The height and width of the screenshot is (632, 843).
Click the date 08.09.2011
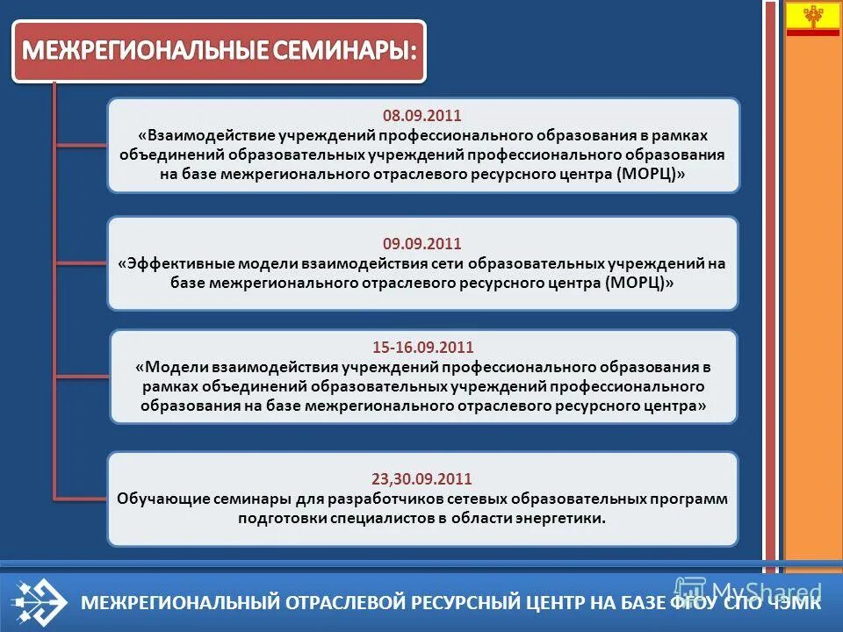421,116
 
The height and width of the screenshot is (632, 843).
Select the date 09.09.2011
421,243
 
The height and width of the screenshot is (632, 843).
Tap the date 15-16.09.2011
422,347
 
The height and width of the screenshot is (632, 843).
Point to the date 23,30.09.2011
421,478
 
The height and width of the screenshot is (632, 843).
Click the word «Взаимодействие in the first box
207,135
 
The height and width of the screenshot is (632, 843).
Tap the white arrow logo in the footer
40,602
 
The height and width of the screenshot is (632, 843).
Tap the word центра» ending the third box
675,406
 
